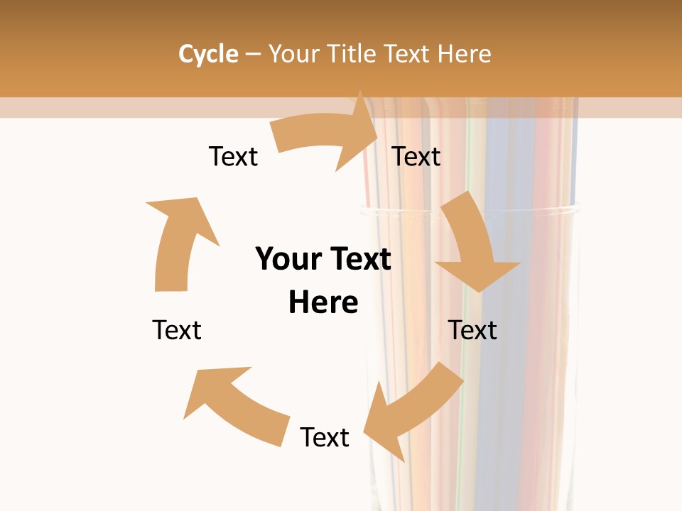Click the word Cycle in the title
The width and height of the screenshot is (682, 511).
click(x=208, y=54)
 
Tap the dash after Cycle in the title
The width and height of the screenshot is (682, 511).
click(x=253, y=54)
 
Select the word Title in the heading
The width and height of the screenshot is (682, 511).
click(x=352, y=54)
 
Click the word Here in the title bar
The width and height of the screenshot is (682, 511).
click(x=465, y=54)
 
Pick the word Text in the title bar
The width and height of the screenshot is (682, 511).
click(x=408, y=54)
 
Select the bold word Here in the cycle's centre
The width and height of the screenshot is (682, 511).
click(x=323, y=302)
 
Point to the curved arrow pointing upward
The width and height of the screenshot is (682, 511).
click(x=178, y=241)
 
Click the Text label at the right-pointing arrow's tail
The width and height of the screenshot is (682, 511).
click(x=233, y=156)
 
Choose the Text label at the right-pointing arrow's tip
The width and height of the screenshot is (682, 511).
click(x=416, y=156)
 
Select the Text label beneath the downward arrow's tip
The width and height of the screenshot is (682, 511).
click(x=472, y=330)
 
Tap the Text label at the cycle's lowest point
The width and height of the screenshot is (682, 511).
click(x=325, y=437)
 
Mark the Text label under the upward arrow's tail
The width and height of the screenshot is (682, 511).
click(x=177, y=330)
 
